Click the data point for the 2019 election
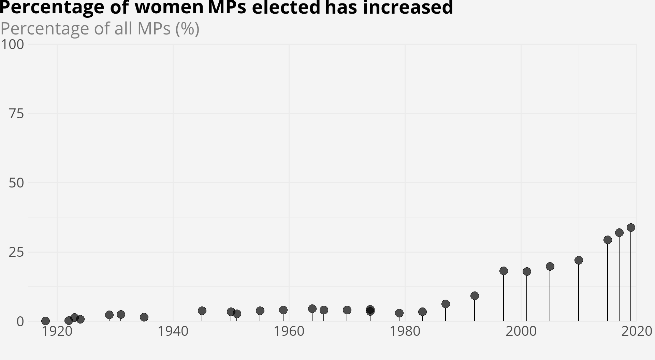tap(631, 227)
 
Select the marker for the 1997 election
tap(504, 271)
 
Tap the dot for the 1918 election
tap(45, 321)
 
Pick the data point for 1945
tap(202, 311)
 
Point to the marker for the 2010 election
tap(579, 260)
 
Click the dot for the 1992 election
tap(475, 296)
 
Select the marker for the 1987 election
tap(446, 304)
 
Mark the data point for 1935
tap(144, 317)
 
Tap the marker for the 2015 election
tap(608, 240)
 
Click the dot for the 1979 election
tap(399, 313)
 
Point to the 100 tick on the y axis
tap(12, 44)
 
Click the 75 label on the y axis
tap(16, 114)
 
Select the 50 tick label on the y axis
tap(16, 183)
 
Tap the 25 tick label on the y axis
tap(16, 252)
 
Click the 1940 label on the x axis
tap(173, 331)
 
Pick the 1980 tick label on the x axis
tap(405, 331)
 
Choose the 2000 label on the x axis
tap(521, 331)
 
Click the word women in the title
tap(169, 7)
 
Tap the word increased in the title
tap(408, 7)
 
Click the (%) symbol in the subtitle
tap(187, 29)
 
